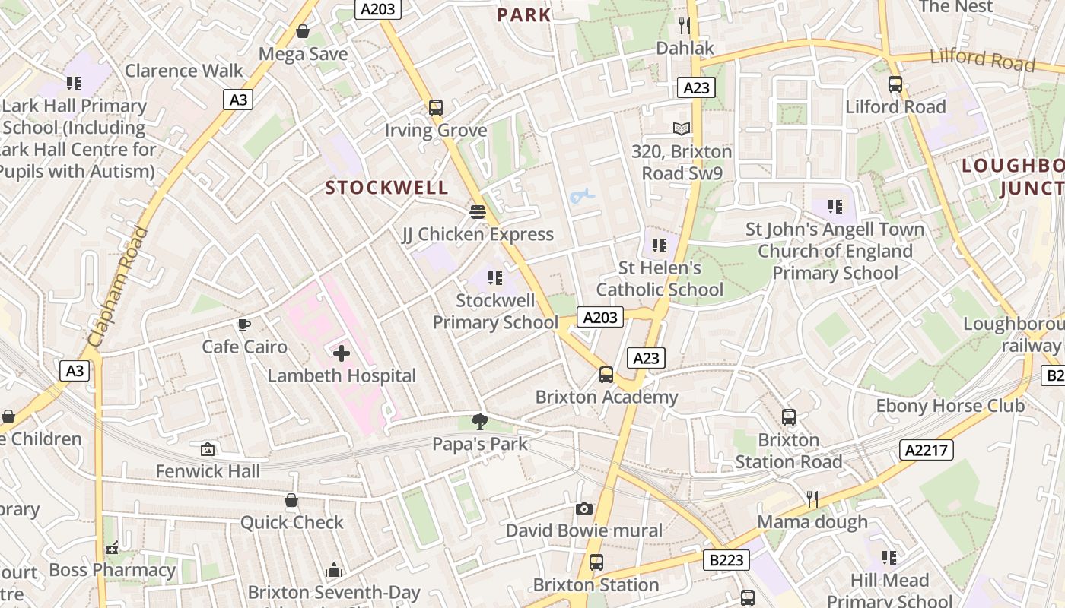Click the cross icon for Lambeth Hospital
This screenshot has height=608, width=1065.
tap(342, 353)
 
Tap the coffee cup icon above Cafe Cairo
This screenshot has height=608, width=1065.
tap(243, 325)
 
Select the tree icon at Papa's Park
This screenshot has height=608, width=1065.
tap(479, 421)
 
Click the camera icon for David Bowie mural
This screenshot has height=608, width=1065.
tap(584, 508)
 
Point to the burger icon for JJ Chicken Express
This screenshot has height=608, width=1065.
tap(478, 211)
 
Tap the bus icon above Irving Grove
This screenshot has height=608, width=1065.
tap(436, 108)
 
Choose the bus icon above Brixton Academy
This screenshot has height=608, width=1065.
tap(606, 375)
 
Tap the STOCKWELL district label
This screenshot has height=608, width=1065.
tap(387, 188)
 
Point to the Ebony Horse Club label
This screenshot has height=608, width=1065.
tap(950, 405)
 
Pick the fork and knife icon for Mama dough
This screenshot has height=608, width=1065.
tap(812, 499)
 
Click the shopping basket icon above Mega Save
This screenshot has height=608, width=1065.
tap(303, 31)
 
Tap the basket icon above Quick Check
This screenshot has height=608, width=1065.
tap(291, 500)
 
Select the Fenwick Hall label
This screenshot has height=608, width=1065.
tap(208, 471)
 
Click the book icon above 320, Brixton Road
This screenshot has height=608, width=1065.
tap(682, 129)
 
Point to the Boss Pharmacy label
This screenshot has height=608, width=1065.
tap(113, 570)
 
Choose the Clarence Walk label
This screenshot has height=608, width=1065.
tap(184, 71)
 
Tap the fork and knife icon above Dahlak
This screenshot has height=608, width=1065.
tap(685, 26)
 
